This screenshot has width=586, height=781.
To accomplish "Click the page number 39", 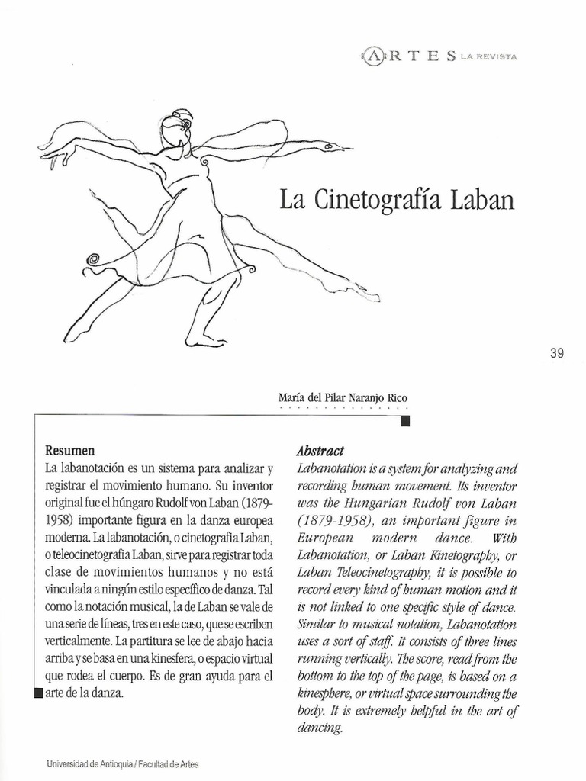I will click(x=556, y=353).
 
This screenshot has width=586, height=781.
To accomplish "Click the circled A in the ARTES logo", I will click(x=373, y=56).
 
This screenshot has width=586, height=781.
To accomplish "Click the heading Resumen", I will click(x=70, y=451).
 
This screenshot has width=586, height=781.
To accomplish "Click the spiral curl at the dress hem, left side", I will click(x=94, y=260).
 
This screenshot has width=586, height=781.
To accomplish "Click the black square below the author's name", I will click(x=405, y=421).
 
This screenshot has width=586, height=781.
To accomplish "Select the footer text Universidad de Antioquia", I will click(x=89, y=763).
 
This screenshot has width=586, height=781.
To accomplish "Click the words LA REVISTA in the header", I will click(x=488, y=57).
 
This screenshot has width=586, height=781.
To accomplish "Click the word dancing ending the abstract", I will click(x=319, y=728).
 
